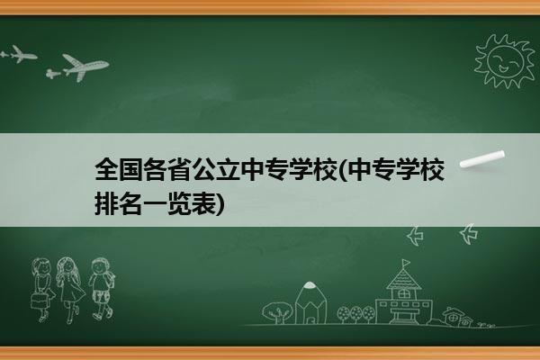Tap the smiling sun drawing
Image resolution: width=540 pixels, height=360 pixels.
[x=505, y=60]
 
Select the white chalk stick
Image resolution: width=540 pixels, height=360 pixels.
[x=482, y=159]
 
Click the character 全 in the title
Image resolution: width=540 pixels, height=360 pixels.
[x=106, y=169]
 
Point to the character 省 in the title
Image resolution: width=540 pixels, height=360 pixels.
[x=179, y=169]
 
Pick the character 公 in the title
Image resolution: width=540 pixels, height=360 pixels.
[x=203, y=169]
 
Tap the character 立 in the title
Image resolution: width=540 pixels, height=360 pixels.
[x=228, y=169]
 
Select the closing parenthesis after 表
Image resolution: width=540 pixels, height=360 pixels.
[x=220, y=204]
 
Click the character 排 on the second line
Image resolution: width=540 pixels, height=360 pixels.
[x=106, y=204]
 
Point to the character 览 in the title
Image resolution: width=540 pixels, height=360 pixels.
[x=179, y=204]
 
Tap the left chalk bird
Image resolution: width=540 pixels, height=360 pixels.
[x=415, y=236]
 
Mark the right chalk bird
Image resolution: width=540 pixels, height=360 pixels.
[x=469, y=234]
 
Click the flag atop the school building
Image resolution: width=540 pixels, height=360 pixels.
[x=407, y=263]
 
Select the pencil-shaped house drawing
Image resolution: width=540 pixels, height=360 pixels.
[x=310, y=302]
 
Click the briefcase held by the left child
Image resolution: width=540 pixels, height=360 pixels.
[x=38, y=301]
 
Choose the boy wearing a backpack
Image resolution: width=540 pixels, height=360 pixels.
[x=102, y=288]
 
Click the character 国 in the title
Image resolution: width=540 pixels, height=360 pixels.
[x=130, y=169]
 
